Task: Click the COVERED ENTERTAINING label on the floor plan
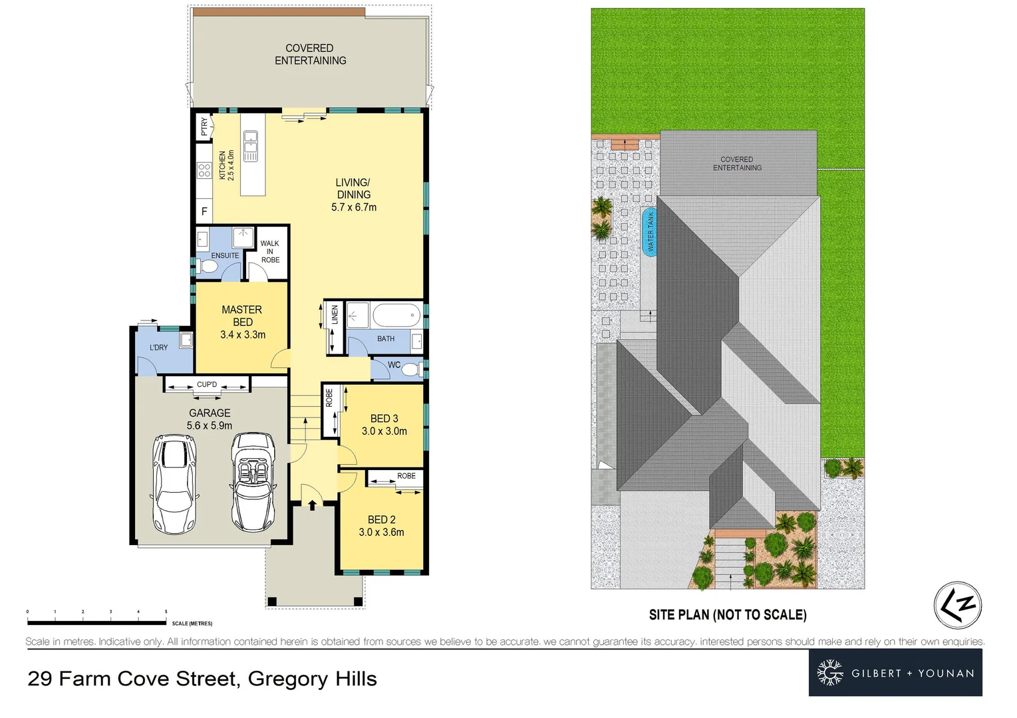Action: click(x=310, y=55)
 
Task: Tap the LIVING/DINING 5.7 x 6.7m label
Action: click(x=353, y=195)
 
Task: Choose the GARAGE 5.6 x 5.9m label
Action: click(x=210, y=419)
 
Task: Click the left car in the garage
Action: click(x=175, y=484)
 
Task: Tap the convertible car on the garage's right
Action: click(x=253, y=481)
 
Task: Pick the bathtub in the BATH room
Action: click(x=396, y=314)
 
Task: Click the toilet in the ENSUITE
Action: click(x=209, y=267)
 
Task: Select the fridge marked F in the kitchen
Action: click(x=204, y=211)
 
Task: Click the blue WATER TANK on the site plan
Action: click(x=650, y=231)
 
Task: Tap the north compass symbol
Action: click(x=957, y=605)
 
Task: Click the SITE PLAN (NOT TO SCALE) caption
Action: click(x=728, y=615)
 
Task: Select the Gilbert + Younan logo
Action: click(x=895, y=673)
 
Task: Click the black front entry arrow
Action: click(x=313, y=505)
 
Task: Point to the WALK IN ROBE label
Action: click(x=270, y=252)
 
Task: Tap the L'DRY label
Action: click(x=159, y=348)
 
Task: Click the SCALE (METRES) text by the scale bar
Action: click(x=192, y=624)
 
